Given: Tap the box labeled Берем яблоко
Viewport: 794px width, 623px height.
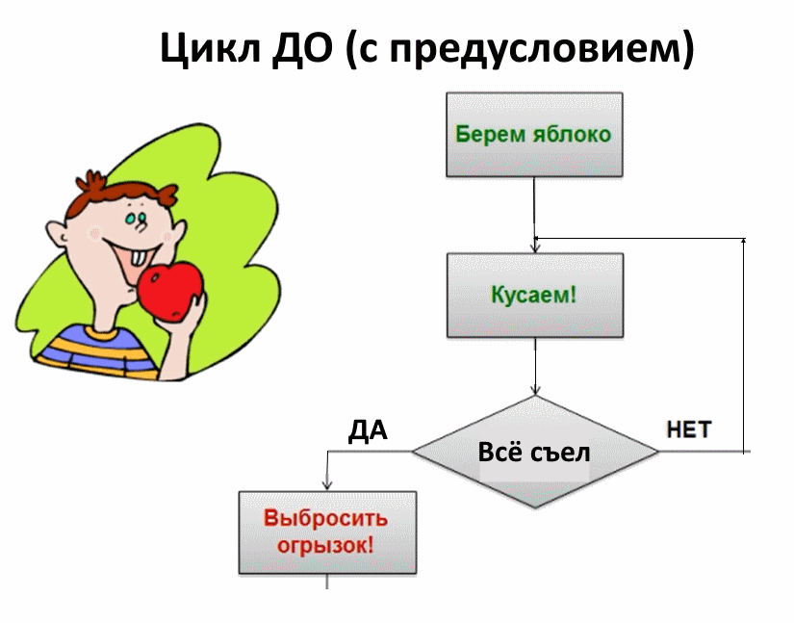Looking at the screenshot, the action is click(534, 134).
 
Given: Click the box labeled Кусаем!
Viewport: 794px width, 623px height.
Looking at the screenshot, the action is click(535, 296).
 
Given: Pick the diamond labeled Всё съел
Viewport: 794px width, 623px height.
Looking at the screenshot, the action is click(535, 452).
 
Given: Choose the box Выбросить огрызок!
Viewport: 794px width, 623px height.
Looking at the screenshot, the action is click(327, 532).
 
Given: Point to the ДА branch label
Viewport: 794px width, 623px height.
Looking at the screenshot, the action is click(369, 430).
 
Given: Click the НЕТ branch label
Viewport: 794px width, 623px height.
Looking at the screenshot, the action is click(689, 429).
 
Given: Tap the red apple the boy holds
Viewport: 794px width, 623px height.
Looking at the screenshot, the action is click(170, 292).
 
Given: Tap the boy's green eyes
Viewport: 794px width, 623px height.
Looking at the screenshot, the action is click(136, 219).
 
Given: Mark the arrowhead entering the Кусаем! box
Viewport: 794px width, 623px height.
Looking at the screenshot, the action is click(535, 247).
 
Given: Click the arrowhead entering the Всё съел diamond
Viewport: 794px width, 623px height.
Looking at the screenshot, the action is click(535, 390).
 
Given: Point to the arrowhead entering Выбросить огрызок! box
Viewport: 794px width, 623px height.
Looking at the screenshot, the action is click(327, 484).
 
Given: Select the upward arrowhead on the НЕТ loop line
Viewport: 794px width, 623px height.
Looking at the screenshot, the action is click(743, 242).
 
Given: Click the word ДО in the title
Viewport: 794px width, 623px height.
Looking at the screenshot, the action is click(302, 47).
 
